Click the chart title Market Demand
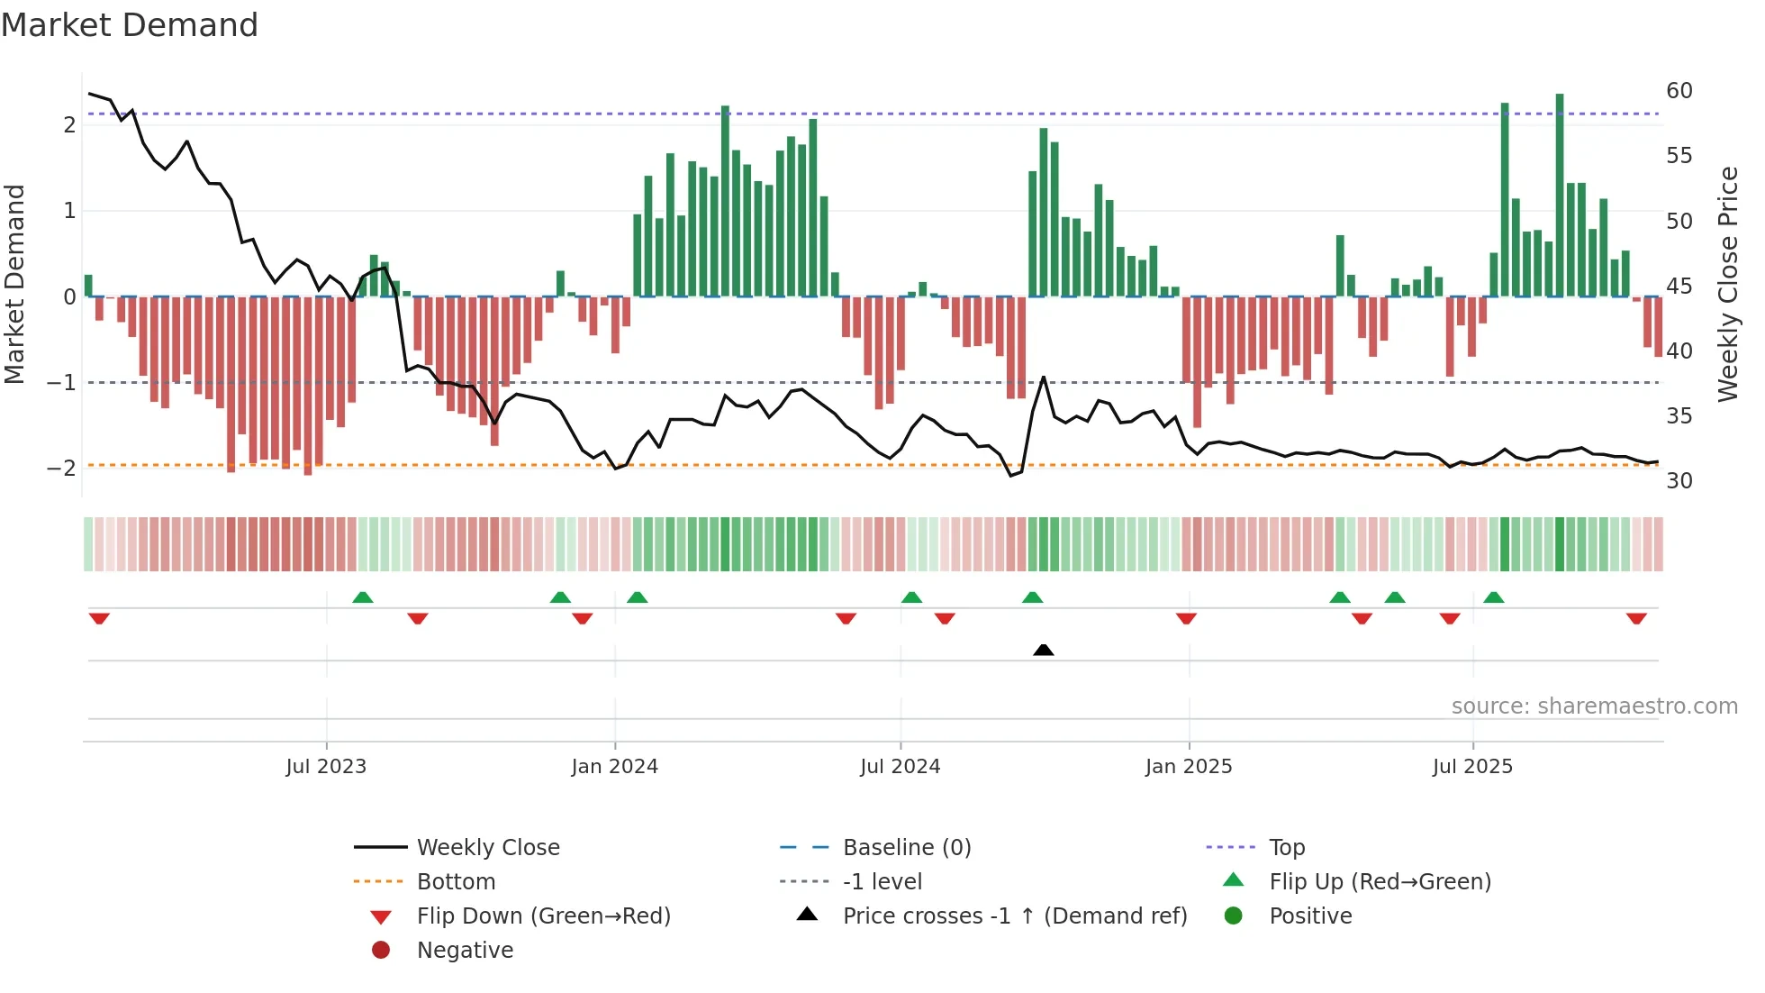(130, 25)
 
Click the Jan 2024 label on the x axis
(614, 767)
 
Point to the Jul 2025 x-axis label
(1472, 767)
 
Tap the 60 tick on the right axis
(1679, 91)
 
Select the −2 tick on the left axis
(61, 468)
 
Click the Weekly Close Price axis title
(1727, 284)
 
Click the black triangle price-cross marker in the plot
(1043, 650)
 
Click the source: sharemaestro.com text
(1594, 706)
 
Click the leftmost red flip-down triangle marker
(99, 618)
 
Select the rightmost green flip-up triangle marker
(1493, 597)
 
